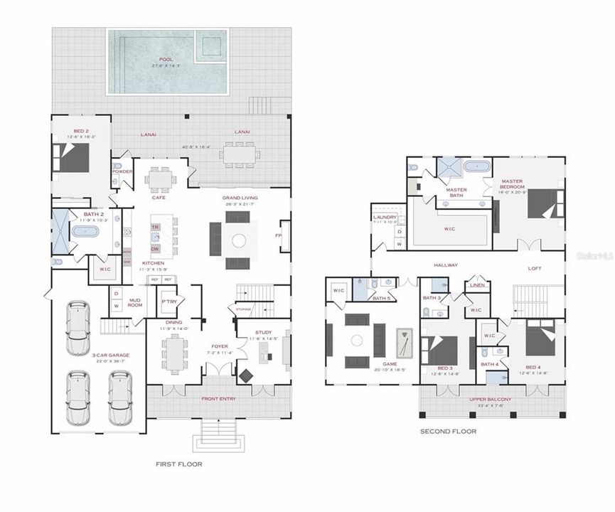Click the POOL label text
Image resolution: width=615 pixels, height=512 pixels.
point(166,59)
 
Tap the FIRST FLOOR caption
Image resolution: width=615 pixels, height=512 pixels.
point(178,464)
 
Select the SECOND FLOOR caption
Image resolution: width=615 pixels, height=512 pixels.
point(448,431)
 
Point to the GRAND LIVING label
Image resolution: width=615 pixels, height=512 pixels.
point(240,198)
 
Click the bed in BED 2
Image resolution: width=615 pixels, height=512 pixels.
point(73,157)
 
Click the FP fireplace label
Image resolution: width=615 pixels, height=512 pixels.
point(279,235)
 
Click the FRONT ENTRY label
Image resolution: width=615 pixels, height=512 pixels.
point(218,398)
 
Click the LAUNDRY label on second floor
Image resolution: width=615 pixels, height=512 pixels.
point(384,217)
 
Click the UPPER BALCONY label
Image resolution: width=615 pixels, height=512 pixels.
point(490,399)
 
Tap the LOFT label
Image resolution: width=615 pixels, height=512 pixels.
point(536,268)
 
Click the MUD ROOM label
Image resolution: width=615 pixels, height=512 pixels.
point(134,303)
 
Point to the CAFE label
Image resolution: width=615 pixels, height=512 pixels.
point(159,197)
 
